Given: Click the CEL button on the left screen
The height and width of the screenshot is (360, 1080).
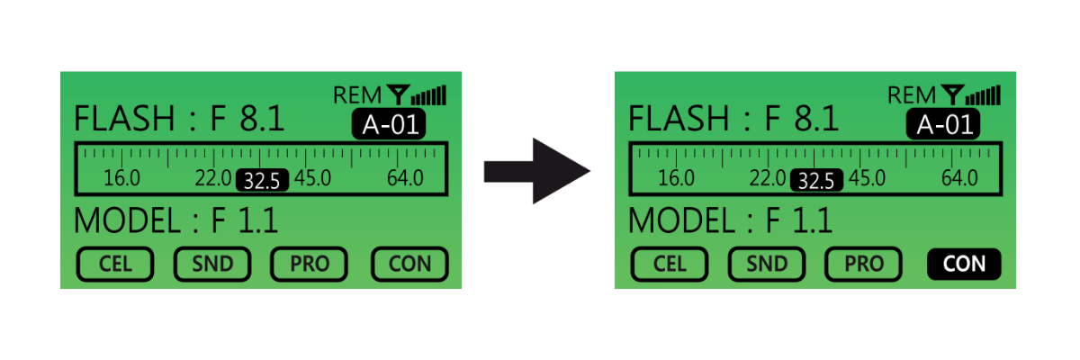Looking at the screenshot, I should coord(114,264).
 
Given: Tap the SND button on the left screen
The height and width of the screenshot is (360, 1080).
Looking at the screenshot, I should coord(212,264).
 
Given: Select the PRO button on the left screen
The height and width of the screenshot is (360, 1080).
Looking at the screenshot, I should coord(310,264).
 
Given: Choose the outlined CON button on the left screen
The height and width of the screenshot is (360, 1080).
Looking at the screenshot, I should coord(409,264).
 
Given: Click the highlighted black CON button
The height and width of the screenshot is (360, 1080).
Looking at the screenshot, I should coord(964,264).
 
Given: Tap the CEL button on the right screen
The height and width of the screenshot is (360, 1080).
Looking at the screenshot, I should coord(669,264).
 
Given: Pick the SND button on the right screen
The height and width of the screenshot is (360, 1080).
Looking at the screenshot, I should coord(767,264).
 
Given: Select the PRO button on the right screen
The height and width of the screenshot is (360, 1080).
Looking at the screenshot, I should coord(864,264).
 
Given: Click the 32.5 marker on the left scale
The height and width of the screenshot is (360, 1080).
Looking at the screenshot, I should coord(262,180).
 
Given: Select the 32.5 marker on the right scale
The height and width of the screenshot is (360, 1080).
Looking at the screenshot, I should coord(816,180).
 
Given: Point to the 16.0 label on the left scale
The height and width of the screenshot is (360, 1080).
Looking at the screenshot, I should coord(121,177).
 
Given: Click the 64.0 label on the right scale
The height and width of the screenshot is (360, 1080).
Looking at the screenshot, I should coord(959,177).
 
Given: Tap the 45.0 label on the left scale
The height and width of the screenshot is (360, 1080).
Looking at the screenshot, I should coord(312,177).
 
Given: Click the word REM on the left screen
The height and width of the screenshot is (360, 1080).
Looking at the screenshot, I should coord(358,94).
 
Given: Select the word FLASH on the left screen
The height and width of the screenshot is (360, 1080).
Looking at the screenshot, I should coord(123,119).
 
